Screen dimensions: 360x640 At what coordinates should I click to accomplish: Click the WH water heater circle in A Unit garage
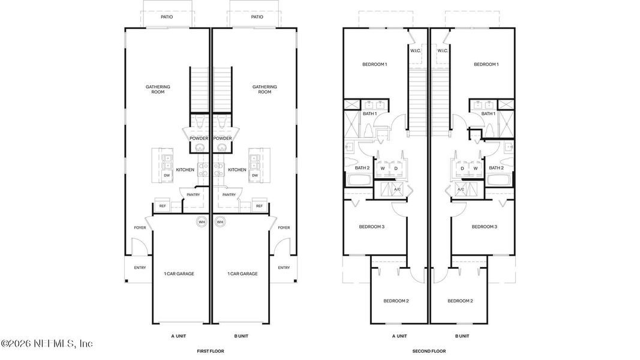tap(202, 222)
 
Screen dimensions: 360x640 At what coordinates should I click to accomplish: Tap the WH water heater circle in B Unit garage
tap(220, 222)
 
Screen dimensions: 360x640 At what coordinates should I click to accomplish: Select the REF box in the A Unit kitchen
tap(162, 206)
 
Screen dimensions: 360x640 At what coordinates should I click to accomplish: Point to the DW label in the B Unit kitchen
tap(255, 175)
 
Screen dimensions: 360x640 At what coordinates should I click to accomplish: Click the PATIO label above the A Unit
tap(167, 17)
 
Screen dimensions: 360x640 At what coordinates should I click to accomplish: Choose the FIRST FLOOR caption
tap(210, 350)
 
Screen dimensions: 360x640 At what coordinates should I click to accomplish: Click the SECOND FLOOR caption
tap(429, 350)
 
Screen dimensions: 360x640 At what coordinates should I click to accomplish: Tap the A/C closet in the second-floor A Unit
tap(396, 190)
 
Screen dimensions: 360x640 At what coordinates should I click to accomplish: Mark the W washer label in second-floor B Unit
tap(475, 169)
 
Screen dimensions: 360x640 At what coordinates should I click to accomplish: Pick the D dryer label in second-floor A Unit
tap(396, 169)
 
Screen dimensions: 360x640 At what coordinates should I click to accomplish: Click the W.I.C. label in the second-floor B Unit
tap(443, 51)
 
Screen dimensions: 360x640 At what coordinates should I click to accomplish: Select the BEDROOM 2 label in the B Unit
tap(461, 301)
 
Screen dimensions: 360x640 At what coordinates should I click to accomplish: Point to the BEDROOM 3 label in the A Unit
tap(372, 227)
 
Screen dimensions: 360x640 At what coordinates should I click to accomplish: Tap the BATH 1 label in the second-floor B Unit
tap(489, 113)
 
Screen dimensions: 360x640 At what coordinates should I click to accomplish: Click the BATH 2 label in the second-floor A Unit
tap(362, 168)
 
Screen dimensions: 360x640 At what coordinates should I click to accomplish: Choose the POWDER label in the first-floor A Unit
tap(199, 139)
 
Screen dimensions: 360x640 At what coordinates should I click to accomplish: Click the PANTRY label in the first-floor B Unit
tap(229, 194)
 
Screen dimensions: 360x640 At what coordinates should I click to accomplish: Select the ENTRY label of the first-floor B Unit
tap(284, 268)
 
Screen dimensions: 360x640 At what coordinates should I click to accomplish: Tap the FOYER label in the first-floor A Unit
tap(140, 227)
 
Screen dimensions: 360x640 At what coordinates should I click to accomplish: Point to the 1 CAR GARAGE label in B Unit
tap(242, 274)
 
